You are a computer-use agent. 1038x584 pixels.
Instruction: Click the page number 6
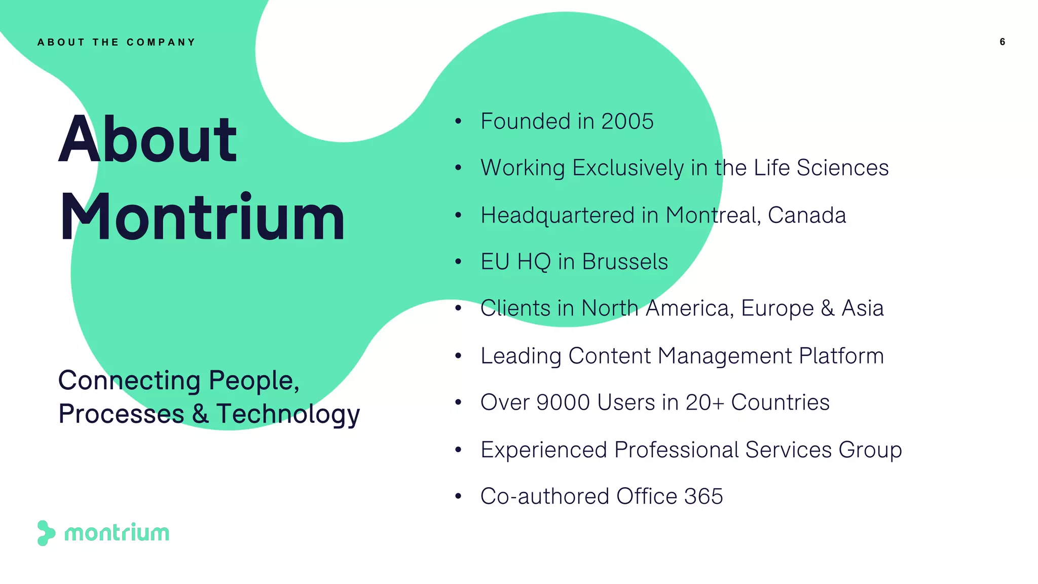[x=1002, y=42]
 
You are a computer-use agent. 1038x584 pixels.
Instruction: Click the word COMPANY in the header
[x=161, y=43]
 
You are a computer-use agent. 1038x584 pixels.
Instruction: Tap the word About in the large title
[x=147, y=139]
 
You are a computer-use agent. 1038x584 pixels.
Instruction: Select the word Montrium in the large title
[x=202, y=217]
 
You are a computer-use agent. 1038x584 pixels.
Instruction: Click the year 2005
[x=627, y=122]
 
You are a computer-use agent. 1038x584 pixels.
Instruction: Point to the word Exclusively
[x=628, y=168]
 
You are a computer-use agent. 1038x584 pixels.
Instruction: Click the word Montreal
[x=713, y=215]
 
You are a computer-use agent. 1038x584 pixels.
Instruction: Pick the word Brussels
[x=624, y=262]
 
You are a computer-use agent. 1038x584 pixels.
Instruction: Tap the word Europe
[x=777, y=308]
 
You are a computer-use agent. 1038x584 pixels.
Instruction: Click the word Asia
[x=862, y=308]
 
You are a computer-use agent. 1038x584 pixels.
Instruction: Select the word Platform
[x=841, y=356]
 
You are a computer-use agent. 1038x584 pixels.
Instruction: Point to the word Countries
[x=780, y=403]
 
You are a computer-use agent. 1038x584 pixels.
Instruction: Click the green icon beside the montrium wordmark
[x=46, y=533]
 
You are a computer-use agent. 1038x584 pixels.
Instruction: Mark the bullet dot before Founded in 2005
[x=458, y=122]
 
